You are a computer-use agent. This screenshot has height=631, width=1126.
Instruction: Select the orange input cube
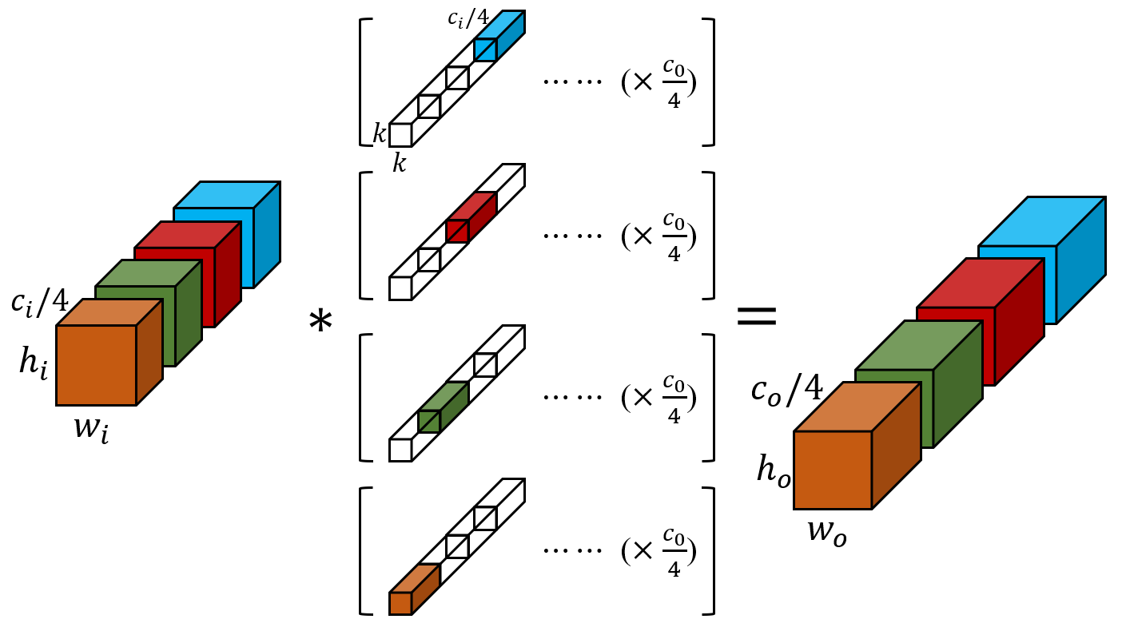tap(97, 365)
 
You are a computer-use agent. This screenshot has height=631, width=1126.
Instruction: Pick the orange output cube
tap(833, 470)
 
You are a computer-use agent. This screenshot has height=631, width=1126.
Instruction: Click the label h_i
tap(34, 363)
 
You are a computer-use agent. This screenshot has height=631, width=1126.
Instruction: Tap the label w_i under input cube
tap(91, 428)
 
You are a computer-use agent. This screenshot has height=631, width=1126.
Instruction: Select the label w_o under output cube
tap(826, 530)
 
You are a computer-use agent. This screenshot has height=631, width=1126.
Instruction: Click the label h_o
tap(774, 471)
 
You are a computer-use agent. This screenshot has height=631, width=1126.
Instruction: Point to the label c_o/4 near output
tap(786, 389)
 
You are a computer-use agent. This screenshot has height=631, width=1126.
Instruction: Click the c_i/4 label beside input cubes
tap(39, 302)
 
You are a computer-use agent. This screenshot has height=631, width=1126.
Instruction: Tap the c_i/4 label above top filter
tap(468, 18)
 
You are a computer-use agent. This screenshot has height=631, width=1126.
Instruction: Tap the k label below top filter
tap(399, 165)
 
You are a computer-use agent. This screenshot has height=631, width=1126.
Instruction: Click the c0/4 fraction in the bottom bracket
tap(674, 552)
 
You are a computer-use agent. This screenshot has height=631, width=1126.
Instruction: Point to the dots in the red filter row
tap(572, 236)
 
